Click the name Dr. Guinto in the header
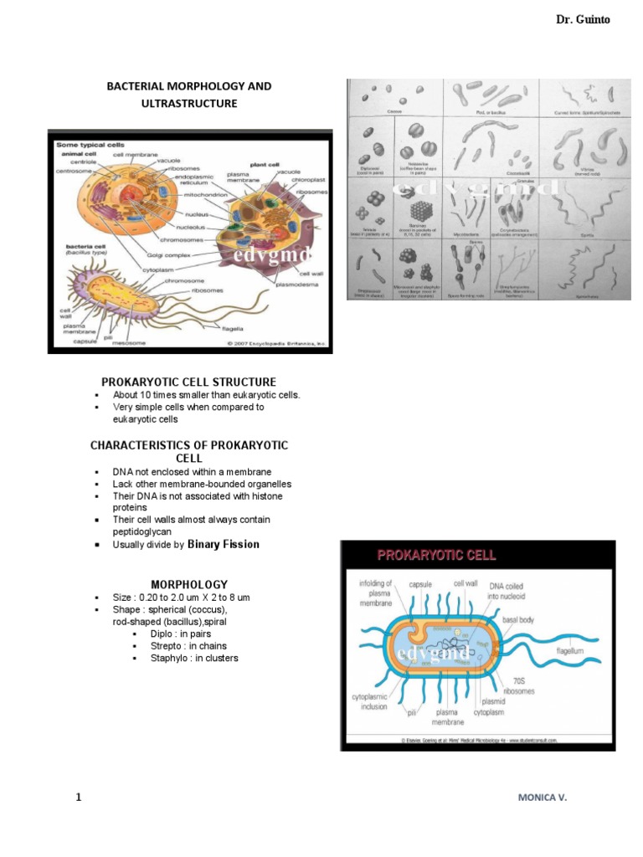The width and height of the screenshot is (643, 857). tap(583, 19)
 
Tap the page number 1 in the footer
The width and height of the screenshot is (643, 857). tap(79, 798)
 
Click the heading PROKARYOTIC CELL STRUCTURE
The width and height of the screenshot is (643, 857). tap(188, 382)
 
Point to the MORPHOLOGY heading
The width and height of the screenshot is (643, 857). tap(188, 583)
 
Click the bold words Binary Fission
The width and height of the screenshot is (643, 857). tap(224, 544)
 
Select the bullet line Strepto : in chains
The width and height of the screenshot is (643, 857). tap(190, 646)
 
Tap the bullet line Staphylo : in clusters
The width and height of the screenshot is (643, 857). tap(193, 658)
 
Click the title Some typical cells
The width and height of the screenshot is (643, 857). tap(90, 145)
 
